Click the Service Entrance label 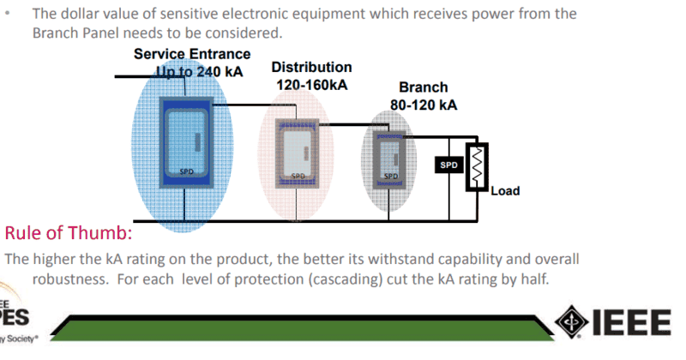tap(192, 54)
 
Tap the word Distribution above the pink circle tap(311, 67)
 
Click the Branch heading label tap(423, 87)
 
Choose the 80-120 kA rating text tap(423, 105)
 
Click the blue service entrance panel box tap(185, 141)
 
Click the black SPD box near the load tap(448, 164)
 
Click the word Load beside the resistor tap(505, 190)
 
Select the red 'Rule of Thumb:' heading tap(68, 233)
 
